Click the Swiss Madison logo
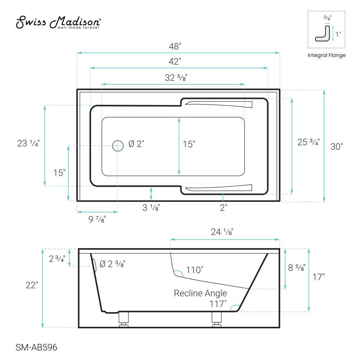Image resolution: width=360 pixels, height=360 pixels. click(x=59, y=22)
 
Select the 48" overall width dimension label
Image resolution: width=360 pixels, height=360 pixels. click(x=176, y=46)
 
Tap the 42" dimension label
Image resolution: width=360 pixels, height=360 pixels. click(x=175, y=62)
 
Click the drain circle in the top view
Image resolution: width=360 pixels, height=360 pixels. click(x=117, y=145)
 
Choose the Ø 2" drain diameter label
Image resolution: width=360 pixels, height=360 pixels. click(x=136, y=144)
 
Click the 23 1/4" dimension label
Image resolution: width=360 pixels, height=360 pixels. click(x=28, y=143)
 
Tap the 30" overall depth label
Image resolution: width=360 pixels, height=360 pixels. click(x=337, y=147)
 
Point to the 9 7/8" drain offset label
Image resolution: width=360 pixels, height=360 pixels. click(x=97, y=219)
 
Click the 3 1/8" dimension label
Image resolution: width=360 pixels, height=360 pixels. click(x=151, y=208)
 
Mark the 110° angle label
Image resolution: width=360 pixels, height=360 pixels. click(x=195, y=270)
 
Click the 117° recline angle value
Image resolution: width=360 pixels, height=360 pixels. click(x=218, y=304)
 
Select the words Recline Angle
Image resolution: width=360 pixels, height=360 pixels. click(x=200, y=293)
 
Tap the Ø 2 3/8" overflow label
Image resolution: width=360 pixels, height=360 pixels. click(x=112, y=264)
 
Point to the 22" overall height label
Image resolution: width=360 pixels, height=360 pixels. click(x=32, y=285)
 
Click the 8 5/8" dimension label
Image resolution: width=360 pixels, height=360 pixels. click(x=297, y=267)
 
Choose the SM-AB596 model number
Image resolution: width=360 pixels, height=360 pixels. click(x=36, y=348)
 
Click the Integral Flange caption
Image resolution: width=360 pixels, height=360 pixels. click(x=327, y=55)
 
